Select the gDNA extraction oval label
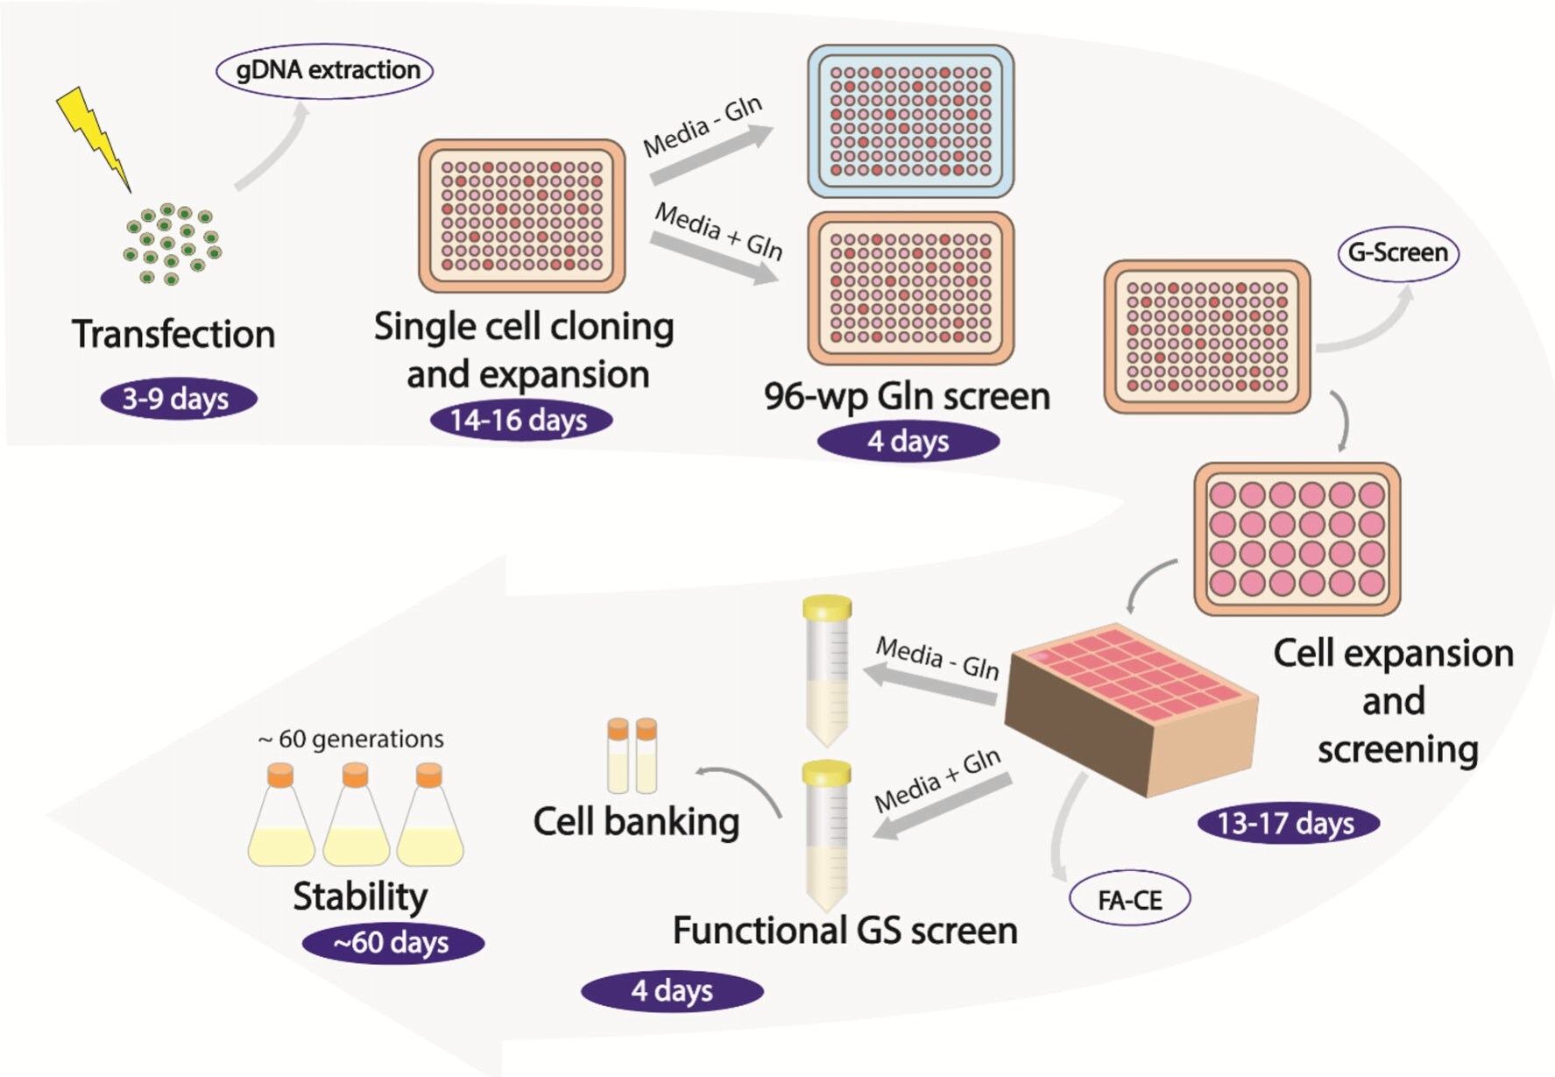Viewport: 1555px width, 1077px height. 325,70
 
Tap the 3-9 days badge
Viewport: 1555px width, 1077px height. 178,399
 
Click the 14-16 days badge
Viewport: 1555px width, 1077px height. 520,420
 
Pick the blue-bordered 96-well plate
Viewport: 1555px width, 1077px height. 910,121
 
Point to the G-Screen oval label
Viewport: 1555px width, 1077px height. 1397,253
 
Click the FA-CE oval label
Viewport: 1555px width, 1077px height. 1129,900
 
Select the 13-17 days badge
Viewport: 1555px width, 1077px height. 1287,823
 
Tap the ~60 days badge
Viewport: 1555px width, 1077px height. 392,943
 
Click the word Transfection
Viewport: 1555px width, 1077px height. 173,334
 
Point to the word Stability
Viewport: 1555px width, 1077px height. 360,896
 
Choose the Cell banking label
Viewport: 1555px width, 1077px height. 636,822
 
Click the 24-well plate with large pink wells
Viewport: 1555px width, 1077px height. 1297,538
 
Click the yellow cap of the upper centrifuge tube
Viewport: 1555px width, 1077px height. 827,606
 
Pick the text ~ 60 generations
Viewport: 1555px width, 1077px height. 351,739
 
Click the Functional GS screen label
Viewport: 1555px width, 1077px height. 845,930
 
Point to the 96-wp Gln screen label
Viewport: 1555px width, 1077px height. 907,396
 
